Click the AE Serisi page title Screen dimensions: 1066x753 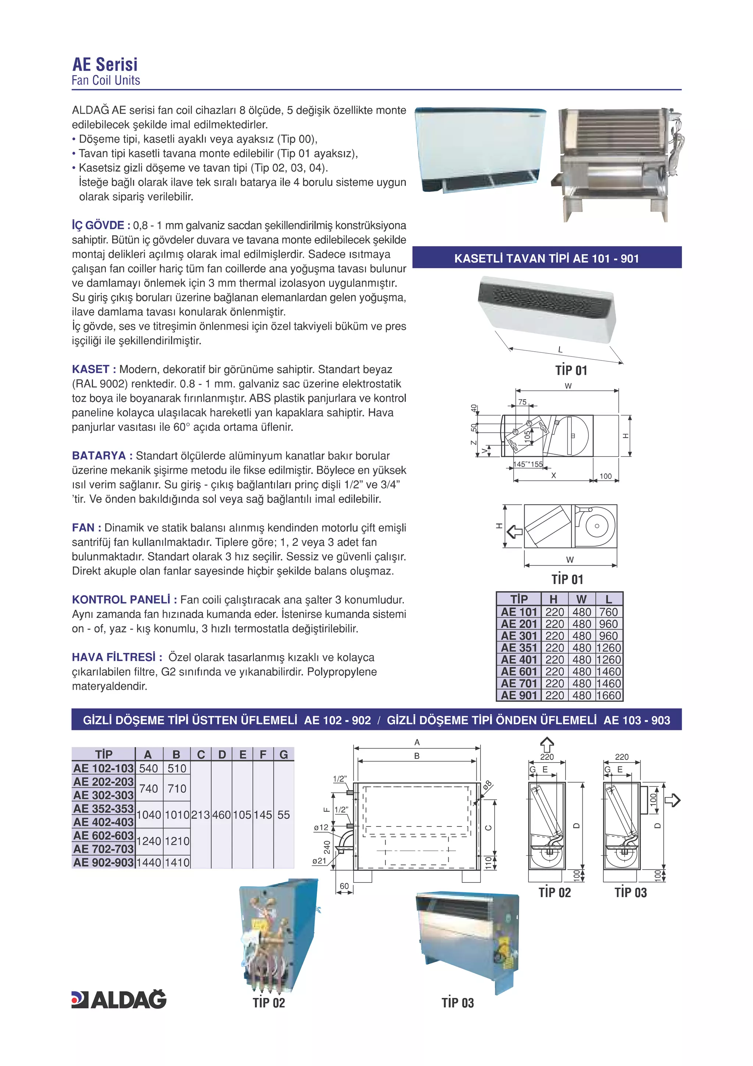[x=105, y=64]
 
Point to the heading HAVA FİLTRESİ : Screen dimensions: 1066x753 [x=117, y=657]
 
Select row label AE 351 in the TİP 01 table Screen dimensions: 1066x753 [x=519, y=648]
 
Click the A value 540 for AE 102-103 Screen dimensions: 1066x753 [x=149, y=768]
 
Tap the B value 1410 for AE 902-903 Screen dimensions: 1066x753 [x=177, y=862]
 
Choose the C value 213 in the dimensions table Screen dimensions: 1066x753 [x=200, y=815]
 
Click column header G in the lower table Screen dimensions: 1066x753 [x=283, y=754]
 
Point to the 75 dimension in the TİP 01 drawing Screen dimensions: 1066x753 [x=522, y=402]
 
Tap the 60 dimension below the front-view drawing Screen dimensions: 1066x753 [x=344, y=886]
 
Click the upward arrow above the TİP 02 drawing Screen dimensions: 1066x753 [x=547, y=745]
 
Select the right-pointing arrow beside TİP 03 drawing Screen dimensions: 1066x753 [x=672, y=800]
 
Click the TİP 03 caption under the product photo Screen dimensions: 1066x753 [x=457, y=1003]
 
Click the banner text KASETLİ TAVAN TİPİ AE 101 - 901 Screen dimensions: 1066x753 [x=546, y=259]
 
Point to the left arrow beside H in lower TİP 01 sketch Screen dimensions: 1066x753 [x=514, y=532]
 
